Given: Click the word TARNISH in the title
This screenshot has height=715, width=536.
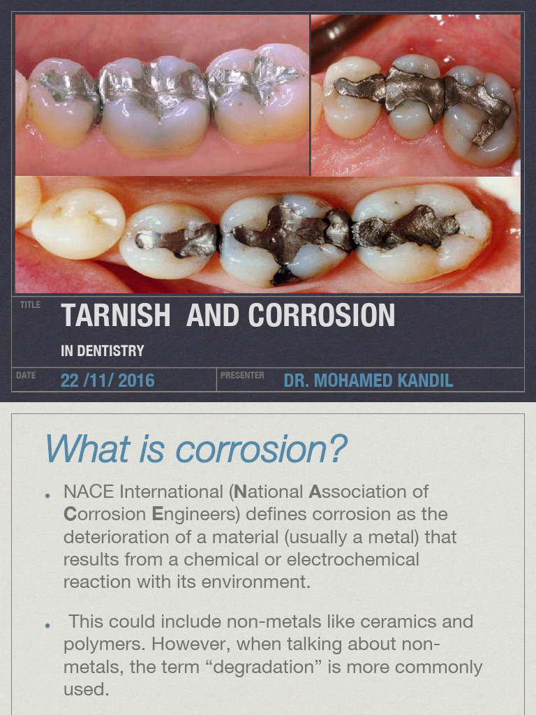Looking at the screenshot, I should pyautogui.click(x=115, y=316).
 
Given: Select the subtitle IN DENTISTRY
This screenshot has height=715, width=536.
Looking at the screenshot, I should pyautogui.click(x=102, y=351).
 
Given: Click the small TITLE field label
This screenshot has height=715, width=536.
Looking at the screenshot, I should pyautogui.click(x=30, y=305).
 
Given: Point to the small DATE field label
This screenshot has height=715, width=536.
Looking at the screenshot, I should pyautogui.click(x=26, y=376).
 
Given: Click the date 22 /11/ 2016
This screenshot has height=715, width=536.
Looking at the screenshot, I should pyautogui.click(x=107, y=381).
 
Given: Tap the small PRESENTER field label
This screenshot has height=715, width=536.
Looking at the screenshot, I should pyautogui.click(x=242, y=376).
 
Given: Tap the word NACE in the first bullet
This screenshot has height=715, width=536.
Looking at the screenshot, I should pyautogui.click(x=85, y=492).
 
